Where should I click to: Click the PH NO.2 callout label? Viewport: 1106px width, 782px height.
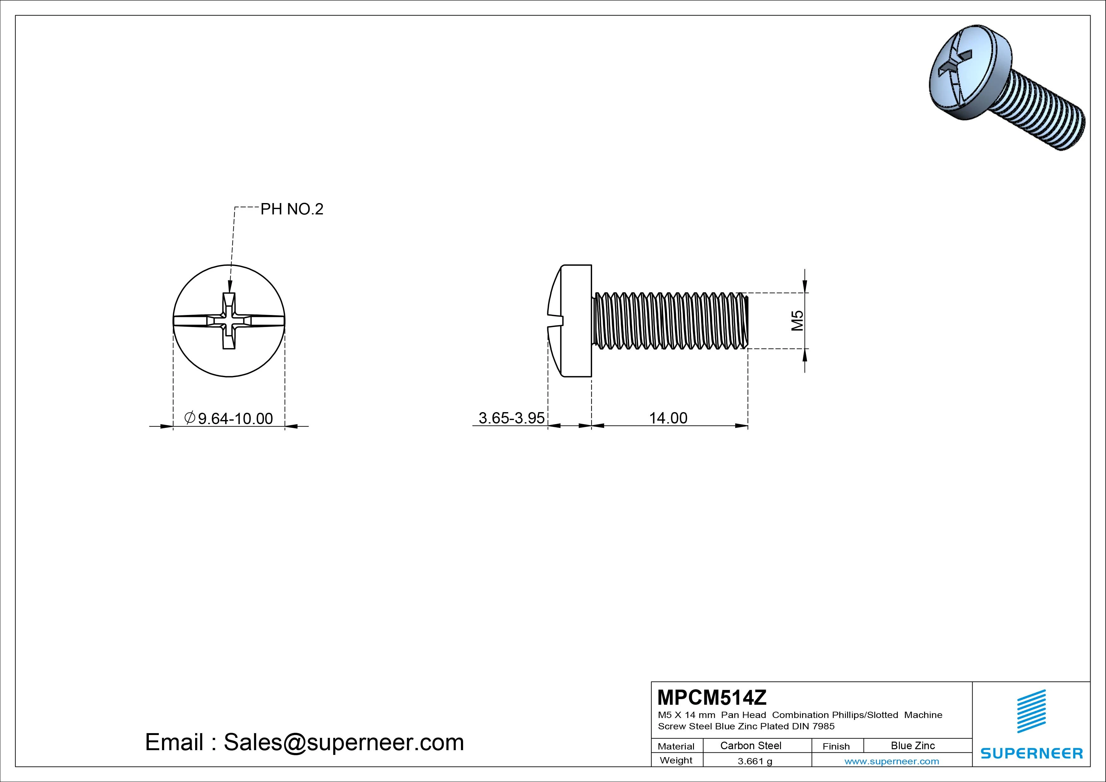click(x=292, y=209)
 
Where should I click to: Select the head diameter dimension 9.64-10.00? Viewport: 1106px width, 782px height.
click(x=229, y=418)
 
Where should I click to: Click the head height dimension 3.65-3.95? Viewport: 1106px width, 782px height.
click(x=512, y=418)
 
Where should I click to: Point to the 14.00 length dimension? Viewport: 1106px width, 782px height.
click(x=668, y=418)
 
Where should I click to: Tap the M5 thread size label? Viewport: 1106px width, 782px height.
click(x=797, y=320)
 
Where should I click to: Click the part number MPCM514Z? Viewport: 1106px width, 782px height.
click(x=712, y=697)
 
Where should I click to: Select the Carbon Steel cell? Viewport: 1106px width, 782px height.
click(x=750, y=745)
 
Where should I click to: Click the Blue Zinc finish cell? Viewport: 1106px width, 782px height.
click(x=913, y=745)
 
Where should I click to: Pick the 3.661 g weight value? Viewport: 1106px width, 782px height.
click(x=755, y=761)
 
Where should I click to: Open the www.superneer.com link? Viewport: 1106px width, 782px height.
click(x=892, y=761)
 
